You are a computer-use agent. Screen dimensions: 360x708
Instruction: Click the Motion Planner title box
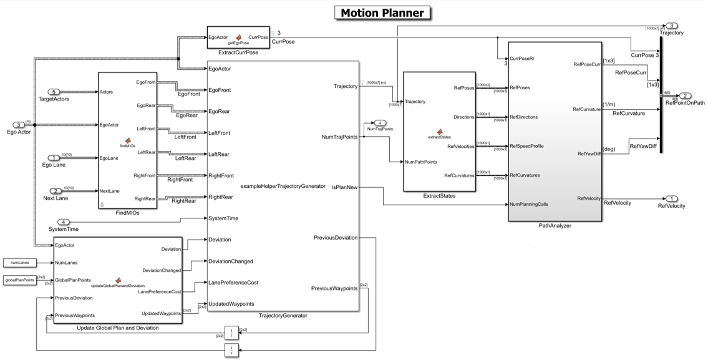point(382,12)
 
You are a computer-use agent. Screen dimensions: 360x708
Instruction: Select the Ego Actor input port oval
point(19,125)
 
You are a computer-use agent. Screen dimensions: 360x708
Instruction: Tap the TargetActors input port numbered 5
point(54,92)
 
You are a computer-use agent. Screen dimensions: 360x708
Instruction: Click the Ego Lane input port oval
point(54,158)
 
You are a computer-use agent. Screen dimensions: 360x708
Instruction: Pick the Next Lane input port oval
point(56,191)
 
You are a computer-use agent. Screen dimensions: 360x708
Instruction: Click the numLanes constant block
point(19,262)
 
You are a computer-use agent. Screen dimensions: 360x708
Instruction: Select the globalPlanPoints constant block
point(19,280)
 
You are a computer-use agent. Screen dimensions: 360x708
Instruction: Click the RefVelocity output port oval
point(671,198)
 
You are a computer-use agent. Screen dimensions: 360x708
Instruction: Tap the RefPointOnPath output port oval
point(685,96)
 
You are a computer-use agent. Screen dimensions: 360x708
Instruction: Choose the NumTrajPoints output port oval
point(381,123)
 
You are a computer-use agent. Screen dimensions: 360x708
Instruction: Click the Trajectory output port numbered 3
point(671,26)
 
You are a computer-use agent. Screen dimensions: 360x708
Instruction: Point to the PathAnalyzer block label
point(555,226)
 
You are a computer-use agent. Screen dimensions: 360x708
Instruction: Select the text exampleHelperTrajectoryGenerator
point(283,186)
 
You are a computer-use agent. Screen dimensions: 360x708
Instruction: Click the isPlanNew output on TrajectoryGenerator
point(344,187)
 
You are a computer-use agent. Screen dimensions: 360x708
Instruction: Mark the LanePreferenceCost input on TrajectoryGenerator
point(233,283)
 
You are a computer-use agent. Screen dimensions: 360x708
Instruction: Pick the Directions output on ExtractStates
point(462,117)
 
